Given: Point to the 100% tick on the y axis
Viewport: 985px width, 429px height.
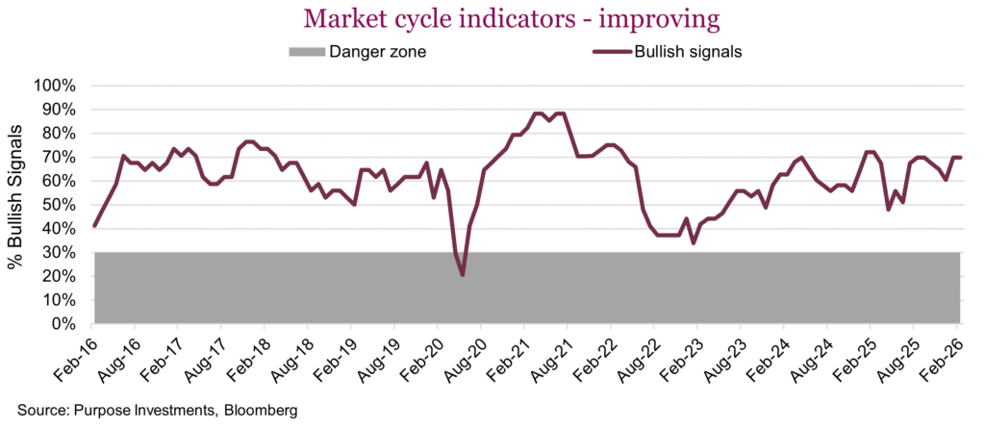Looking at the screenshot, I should tap(55, 86).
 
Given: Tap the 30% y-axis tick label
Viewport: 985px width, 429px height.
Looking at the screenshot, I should tap(59, 253).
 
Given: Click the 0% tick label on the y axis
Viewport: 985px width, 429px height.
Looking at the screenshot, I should tap(63, 324).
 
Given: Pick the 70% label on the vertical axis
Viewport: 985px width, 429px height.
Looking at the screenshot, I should tap(59, 157).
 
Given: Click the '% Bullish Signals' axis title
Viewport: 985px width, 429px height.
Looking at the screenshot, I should tap(16, 205).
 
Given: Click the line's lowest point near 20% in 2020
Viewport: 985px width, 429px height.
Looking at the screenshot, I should tap(463, 275).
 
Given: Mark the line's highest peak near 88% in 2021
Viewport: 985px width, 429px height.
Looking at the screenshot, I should tap(536, 114).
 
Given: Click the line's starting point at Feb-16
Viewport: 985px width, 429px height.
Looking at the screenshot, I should tap(94, 225).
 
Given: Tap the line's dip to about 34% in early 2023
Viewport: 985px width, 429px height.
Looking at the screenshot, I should tap(693, 243).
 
